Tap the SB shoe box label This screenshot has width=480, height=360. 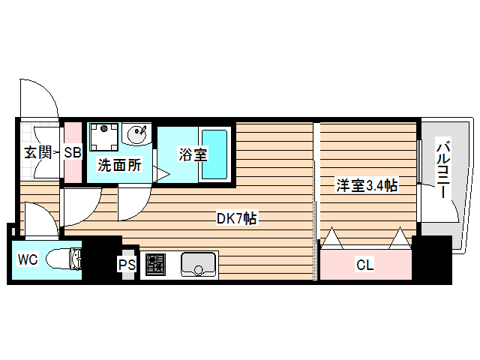(72, 153)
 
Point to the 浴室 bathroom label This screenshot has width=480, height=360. (192, 155)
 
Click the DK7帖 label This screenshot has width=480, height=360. (237, 218)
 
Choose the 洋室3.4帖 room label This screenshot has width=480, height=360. (366, 185)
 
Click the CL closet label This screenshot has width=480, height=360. (364, 265)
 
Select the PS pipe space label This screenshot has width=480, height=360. (127, 265)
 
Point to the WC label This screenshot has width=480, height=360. (28, 260)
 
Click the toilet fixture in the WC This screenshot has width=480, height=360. (64, 259)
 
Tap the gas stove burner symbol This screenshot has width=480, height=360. (155, 263)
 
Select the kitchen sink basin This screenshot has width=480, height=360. (197, 265)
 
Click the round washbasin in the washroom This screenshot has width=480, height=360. (137, 135)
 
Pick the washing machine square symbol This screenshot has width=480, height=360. (103, 137)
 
